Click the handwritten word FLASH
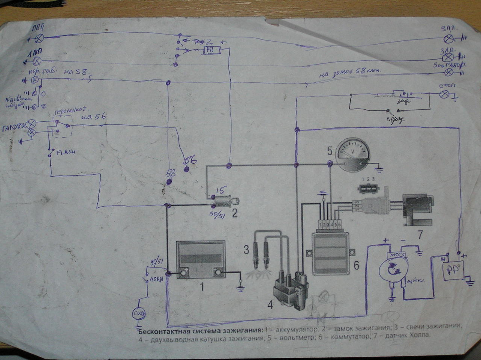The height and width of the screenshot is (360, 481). tap(65, 153)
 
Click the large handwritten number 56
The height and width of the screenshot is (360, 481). tap(190, 161)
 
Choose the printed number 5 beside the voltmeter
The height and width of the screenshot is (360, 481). tap(330, 151)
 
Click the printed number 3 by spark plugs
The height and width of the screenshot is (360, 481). tap(246, 249)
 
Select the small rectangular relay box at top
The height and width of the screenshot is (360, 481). tap(209, 50)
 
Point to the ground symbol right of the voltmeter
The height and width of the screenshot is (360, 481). tap(379, 169)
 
